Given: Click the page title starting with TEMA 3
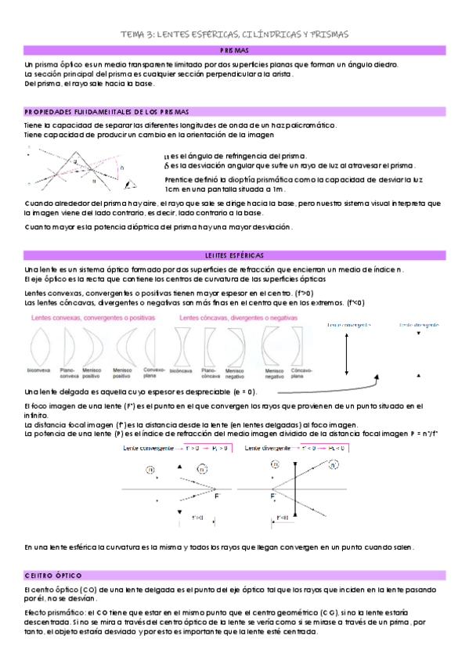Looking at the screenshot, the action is pos(234,34).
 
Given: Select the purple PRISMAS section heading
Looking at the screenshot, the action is pos(234,50).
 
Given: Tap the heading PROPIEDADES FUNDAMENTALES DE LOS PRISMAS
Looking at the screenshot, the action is pos(106,112).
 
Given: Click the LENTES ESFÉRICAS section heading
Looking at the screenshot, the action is pos(234,256).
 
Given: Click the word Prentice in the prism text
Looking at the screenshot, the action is pos(178,179).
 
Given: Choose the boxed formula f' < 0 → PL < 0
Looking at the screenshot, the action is pos(319,448).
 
